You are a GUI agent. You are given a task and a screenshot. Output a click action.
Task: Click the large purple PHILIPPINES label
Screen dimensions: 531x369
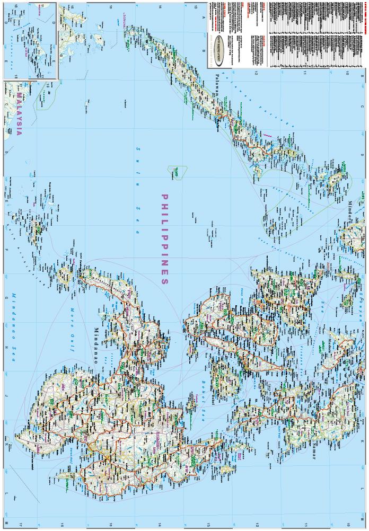(x=164, y=239)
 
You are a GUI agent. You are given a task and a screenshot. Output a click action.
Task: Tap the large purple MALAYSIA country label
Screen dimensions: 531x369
(x=19, y=114)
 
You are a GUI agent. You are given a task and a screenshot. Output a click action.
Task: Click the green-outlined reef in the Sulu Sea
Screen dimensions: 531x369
(x=177, y=172)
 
